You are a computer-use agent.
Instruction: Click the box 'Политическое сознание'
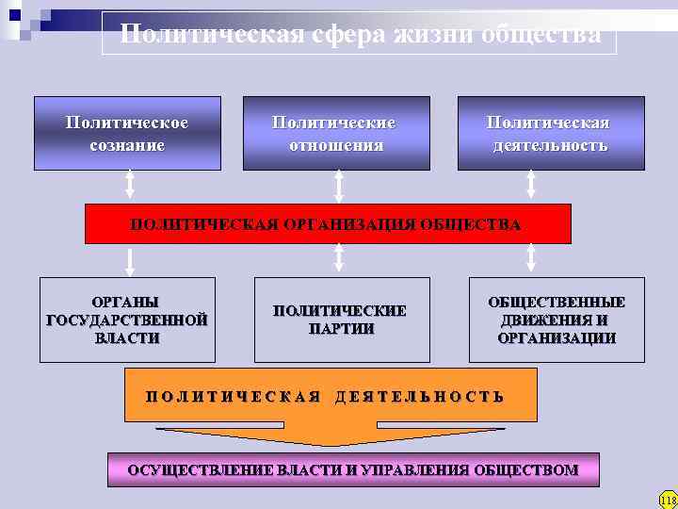tap(127, 133)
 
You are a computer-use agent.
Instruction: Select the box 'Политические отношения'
tap(336, 133)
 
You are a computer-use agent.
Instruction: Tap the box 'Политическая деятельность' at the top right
tap(551, 133)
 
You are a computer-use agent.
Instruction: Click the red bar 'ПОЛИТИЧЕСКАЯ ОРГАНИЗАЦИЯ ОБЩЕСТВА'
tap(328, 224)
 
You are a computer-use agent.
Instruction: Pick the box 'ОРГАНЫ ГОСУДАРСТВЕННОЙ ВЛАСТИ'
tap(127, 320)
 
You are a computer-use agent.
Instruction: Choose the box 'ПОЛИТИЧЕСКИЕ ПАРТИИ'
tap(341, 320)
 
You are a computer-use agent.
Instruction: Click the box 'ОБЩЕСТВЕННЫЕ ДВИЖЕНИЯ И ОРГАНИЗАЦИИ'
tap(557, 320)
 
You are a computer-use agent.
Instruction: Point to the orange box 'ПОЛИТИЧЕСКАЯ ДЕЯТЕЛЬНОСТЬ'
tap(331, 395)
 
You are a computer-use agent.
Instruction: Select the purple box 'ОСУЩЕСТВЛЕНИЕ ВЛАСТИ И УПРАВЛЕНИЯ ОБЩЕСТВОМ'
tap(353, 469)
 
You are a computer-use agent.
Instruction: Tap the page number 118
tap(668, 499)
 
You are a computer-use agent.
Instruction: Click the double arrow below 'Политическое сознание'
tap(130, 186)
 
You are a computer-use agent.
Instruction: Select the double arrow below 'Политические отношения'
tap(339, 186)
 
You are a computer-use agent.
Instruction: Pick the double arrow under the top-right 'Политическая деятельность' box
tap(531, 186)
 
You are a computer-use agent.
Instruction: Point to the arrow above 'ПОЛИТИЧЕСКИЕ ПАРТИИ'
tap(339, 259)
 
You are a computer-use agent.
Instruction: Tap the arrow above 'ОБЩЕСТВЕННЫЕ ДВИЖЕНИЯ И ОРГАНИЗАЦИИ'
tap(531, 259)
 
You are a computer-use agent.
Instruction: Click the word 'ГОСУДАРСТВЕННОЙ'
tap(127, 320)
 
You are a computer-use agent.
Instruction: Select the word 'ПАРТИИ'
tap(341, 329)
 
